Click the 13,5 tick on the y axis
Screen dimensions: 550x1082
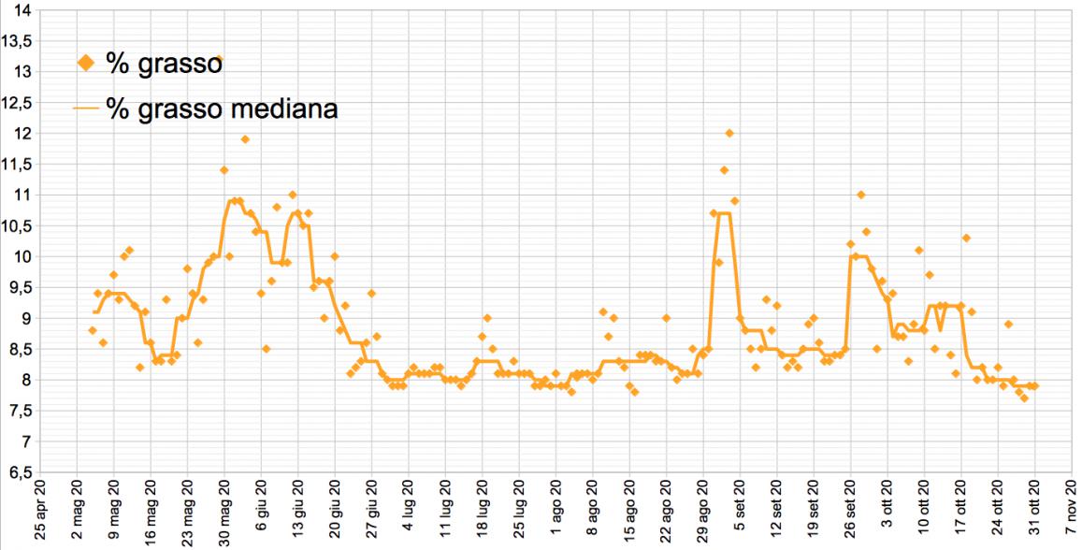(17, 41)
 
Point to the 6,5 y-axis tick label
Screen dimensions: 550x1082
(17, 472)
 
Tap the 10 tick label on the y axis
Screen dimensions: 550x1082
(22, 257)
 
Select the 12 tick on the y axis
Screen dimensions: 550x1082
(22, 134)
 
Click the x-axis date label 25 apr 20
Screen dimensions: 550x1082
(40, 514)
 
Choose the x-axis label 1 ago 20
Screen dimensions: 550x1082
(557, 514)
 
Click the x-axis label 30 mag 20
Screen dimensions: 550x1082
(224, 514)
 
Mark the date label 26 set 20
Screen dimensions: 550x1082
(852, 514)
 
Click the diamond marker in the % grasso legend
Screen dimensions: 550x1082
(86, 63)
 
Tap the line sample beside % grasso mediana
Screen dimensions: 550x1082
(86, 109)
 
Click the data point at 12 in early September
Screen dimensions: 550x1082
(729, 134)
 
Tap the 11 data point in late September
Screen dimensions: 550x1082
(860, 195)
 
